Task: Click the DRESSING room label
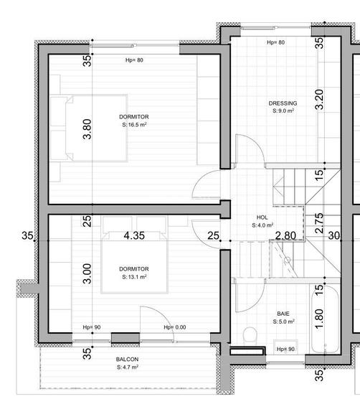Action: pos(283,103)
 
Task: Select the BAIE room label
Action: pos(283,314)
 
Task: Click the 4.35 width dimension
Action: pos(135,235)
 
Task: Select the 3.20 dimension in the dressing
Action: pos(320,99)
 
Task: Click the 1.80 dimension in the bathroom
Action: pos(320,319)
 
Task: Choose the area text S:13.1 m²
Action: pos(134,276)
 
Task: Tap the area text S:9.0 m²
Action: pos(283,111)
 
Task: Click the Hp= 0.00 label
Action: pos(174,328)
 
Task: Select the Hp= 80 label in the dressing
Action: pos(275,43)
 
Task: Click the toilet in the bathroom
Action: pos(250,336)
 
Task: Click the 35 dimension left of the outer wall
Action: pos(28,235)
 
